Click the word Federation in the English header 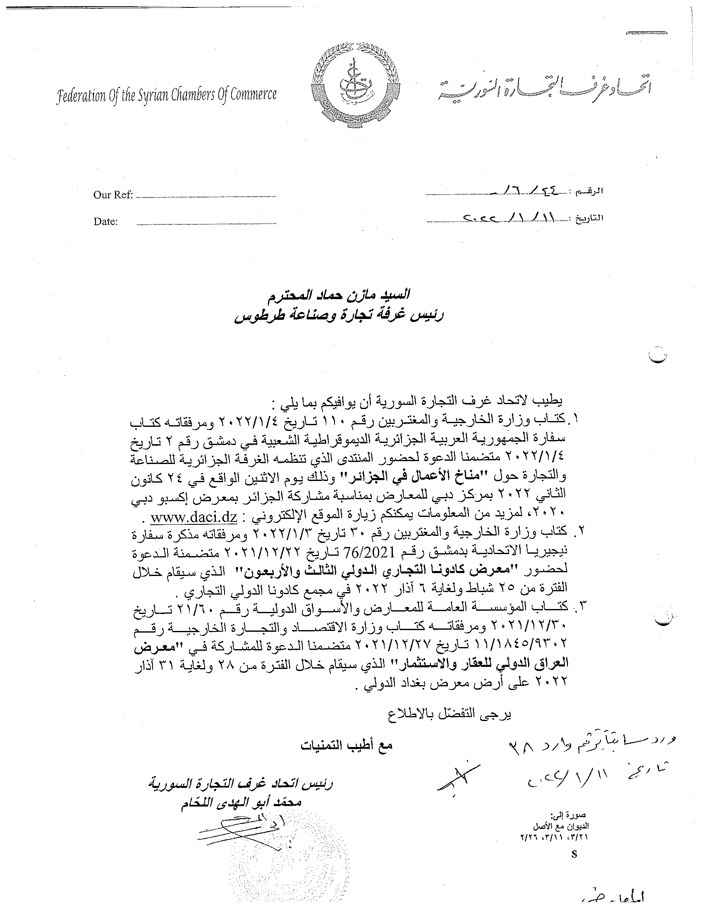pos(80,97)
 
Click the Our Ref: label pos(113,195)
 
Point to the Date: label pos(105,221)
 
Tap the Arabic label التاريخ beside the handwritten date pos(589,218)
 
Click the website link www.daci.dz pos(194,518)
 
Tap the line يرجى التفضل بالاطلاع pos(450,714)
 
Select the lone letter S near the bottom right pos(575,853)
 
